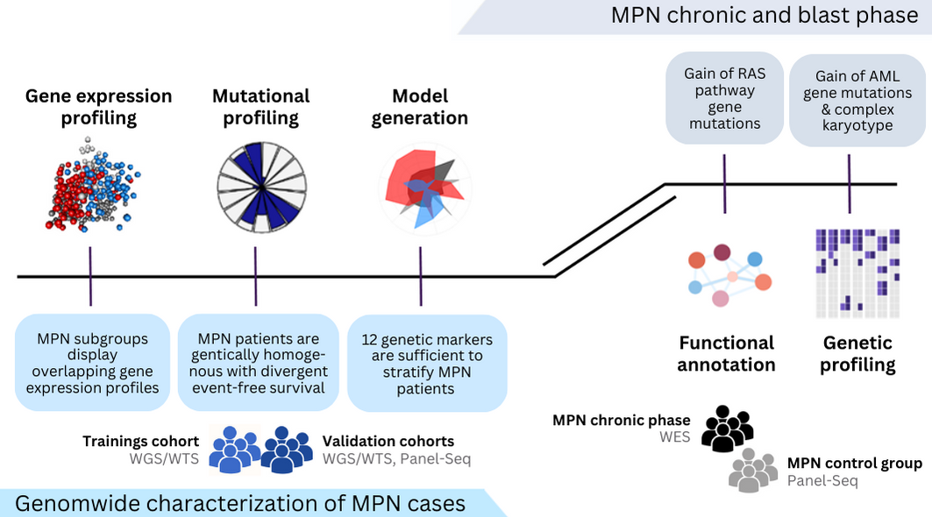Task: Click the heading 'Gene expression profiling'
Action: coord(98,107)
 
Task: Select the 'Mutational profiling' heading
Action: coord(260,107)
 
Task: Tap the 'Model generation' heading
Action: coord(419,107)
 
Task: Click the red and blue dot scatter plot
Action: coord(91,185)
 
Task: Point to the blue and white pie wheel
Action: coord(260,187)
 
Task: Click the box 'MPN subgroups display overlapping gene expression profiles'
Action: coord(92,363)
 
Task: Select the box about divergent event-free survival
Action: coord(257,363)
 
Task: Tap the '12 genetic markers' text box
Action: coord(426,363)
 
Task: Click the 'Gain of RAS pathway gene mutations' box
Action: coord(724,99)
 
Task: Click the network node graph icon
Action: coord(728,274)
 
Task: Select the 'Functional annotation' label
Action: coord(727,353)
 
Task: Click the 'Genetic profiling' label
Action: coord(857,353)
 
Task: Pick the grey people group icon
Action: coord(753,471)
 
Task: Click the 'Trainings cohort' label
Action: coord(140,442)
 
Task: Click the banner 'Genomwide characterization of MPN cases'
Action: coord(240,503)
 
